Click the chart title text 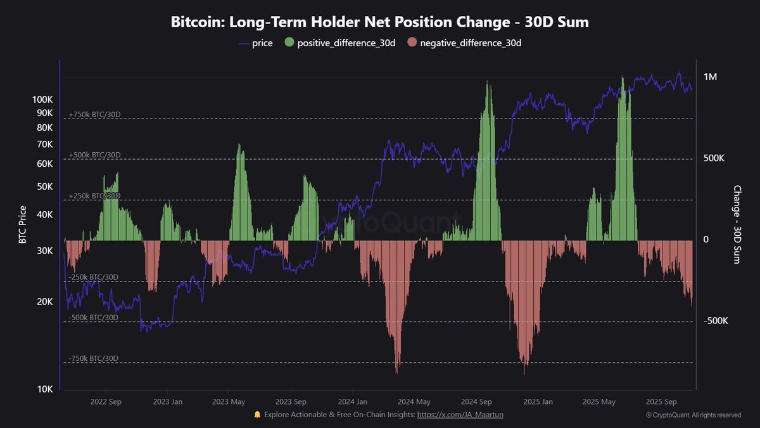(380, 22)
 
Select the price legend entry (256, 43)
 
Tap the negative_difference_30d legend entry (464, 43)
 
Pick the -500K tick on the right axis (716, 321)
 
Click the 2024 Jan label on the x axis (353, 402)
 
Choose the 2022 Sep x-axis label (106, 402)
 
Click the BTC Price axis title (23, 225)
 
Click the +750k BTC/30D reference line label (94, 115)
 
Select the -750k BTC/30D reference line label (93, 358)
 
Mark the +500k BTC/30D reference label (94, 155)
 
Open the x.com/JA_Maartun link (460, 415)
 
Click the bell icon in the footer (257, 415)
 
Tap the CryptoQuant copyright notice (693, 415)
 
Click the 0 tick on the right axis (706, 240)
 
